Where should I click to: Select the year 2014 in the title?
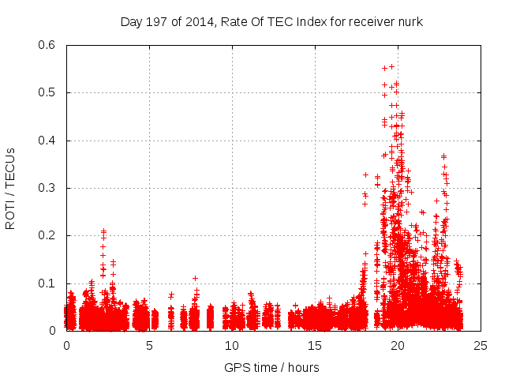pyautogui.click(x=196, y=22)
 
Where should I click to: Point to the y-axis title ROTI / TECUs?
pyautogui.click(x=10, y=188)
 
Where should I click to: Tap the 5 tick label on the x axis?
pyautogui.click(x=149, y=345)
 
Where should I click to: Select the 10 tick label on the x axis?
pyautogui.click(x=232, y=345)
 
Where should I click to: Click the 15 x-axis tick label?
pyautogui.click(x=315, y=345)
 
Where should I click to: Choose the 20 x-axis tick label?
pyautogui.click(x=398, y=345)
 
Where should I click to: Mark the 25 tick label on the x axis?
pyautogui.click(x=481, y=345)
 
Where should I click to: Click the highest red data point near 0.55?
pyautogui.click(x=391, y=66)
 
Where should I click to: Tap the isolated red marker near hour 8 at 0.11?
pyautogui.click(x=195, y=278)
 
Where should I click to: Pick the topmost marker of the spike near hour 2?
pyautogui.click(x=103, y=231)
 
